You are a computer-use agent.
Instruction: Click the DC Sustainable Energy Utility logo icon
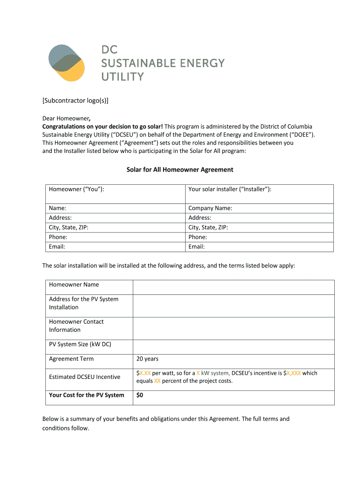pos(66,63)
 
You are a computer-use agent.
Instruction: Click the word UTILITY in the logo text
pos(122,77)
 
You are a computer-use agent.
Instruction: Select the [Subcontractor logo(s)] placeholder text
pos(76,101)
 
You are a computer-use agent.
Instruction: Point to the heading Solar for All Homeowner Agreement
pos(180,169)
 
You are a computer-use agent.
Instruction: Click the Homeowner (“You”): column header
pos(76,189)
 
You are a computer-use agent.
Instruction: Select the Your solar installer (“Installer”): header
pos(230,189)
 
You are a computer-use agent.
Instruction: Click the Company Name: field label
pos(210,208)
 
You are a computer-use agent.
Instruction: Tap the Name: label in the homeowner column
pos(58,208)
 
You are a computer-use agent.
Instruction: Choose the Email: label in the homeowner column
pos(57,247)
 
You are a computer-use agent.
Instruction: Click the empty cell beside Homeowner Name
pos(233,287)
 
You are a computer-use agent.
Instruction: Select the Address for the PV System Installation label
pos(84,303)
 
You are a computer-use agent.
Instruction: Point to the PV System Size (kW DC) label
pos(80,345)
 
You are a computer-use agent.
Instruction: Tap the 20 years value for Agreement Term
pos(147,359)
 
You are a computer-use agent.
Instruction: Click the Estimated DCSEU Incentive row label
pos(84,377)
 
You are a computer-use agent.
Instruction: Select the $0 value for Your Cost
pos(139,395)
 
